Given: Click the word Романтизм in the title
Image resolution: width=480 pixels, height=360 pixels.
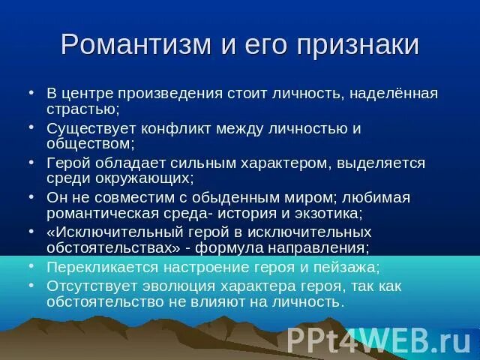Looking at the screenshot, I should pyautogui.click(x=134, y=44).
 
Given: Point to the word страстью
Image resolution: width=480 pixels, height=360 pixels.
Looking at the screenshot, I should pyautogui.click(x=78, y=109).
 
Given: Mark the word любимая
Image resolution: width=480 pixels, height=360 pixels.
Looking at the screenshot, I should pyautogui.click(x=376, y=197).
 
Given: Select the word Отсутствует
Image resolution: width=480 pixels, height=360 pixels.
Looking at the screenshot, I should pyautogui.click(x=90, y=286).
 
